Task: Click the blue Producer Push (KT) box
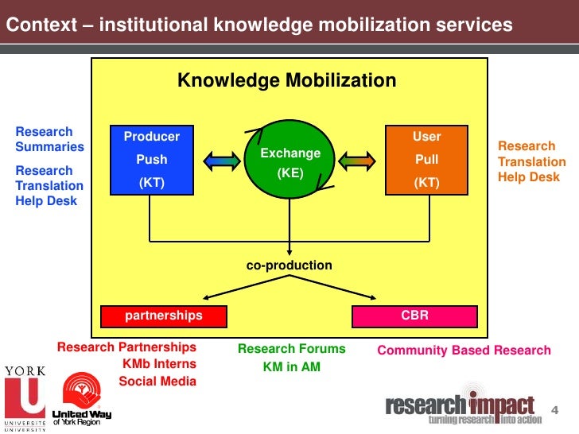pos(152,160)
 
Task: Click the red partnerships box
pos(164,316)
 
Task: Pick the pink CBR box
pos(414,316)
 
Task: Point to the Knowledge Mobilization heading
pos(286,80)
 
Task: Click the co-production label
pos(289,265)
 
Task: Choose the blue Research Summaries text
pos(49,139)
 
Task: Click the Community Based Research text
pos(464,350)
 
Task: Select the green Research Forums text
pos(292,348)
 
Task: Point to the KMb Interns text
pos(158,364)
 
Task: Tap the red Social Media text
pos(157,381)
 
